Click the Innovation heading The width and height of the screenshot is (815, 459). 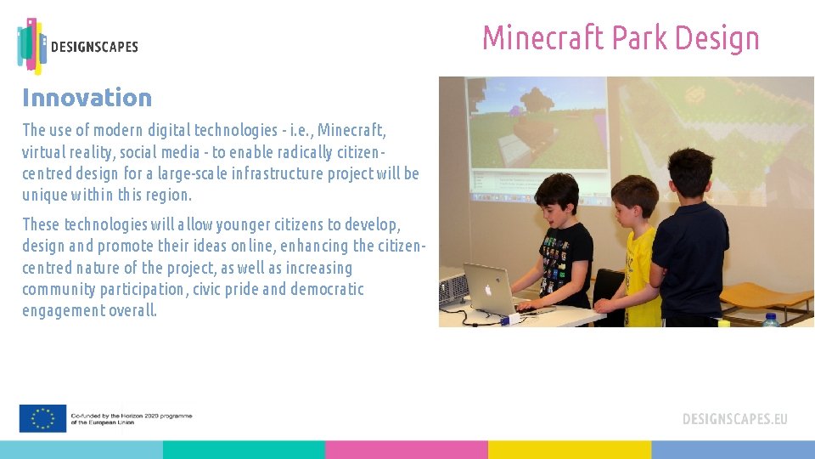(x=87, y=98)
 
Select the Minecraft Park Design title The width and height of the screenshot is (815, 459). (x=621, y=38)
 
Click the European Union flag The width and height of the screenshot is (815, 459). (x=42, y=418)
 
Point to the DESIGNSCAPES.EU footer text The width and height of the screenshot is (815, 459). (x=734, y=419)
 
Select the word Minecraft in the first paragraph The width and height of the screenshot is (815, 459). (x=351, y=130)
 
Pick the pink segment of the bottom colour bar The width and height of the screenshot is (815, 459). (x=406, y=450)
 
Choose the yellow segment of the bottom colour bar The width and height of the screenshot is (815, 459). (x=569, y=450)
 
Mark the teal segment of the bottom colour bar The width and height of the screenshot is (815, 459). (x=244, y=450)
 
